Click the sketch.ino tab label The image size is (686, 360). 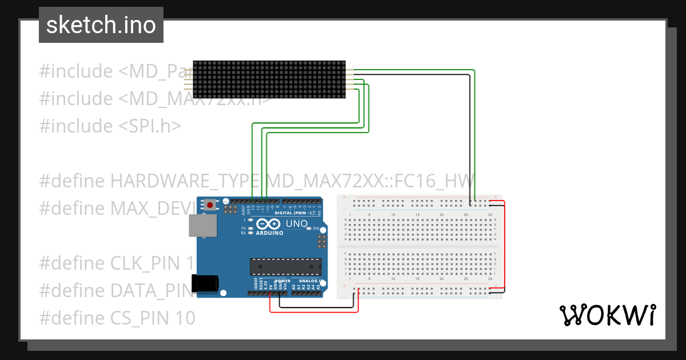101,25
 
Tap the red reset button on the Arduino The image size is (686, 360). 210,205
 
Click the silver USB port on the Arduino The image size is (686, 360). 204,226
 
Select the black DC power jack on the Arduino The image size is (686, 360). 205,283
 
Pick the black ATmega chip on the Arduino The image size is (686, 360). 285,266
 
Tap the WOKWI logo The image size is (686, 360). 607,315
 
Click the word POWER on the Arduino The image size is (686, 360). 284,281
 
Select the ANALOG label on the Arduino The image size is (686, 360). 309,281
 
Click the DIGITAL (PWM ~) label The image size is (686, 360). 293,213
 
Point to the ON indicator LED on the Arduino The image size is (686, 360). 309,228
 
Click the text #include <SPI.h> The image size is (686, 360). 110,126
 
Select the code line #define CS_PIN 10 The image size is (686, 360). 117,317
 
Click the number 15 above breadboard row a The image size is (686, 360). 417,214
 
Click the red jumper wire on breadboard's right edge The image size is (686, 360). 504,246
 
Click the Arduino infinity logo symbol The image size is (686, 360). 268,224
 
